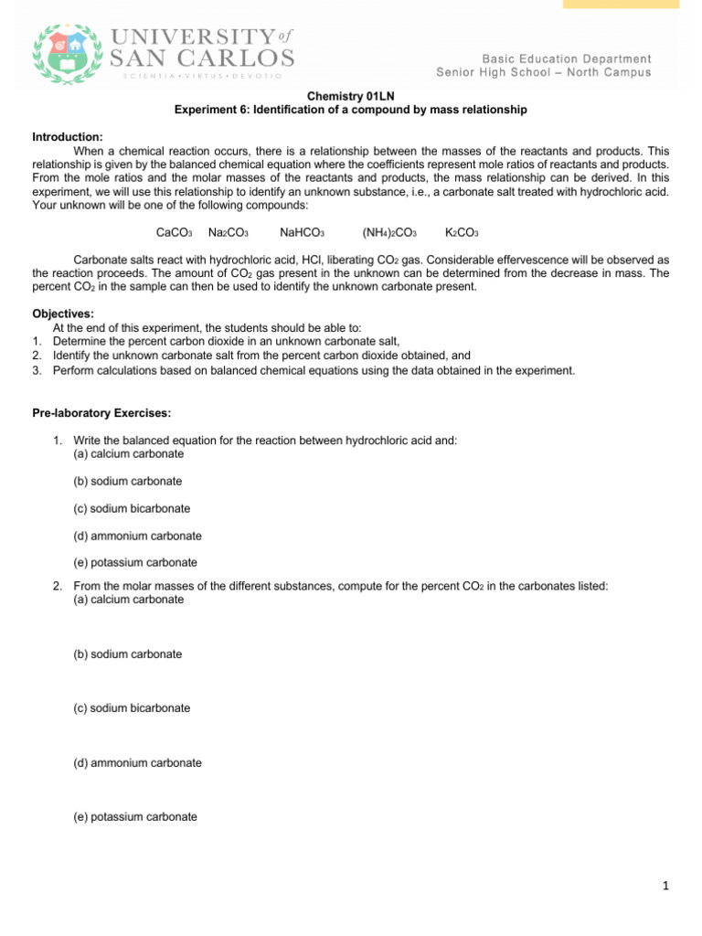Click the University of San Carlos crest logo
[65, 54]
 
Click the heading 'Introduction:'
[68, 136]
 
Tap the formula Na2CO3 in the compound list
[229, 233]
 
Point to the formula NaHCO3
[303, 233]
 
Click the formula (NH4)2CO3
[389, 233]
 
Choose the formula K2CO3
[462, 233]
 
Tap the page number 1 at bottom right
[666, 885]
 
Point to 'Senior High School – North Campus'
[544, 72]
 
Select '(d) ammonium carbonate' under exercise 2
[137, 762]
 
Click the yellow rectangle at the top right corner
[621, 5]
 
